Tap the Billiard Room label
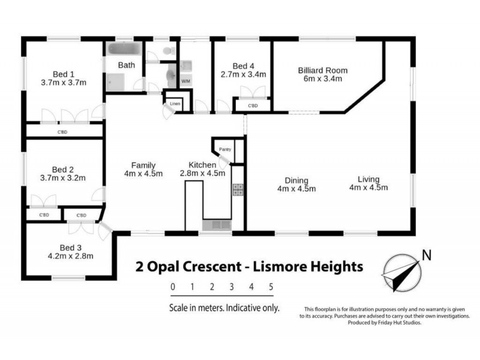click(x=323, y=70)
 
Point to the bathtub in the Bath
click(x=122, y=49)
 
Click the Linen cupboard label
click(x=175, y=104)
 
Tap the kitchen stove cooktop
click(x=238, y=190)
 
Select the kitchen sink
click(x=216, y=225)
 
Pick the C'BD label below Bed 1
click(x=62, y=131)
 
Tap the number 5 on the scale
click(x=271, y=287)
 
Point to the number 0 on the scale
click(x=173, y=287)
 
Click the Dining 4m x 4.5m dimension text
click(x=297, y=189)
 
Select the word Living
click(x=369, y=179)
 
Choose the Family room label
click(x=144, y=165)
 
